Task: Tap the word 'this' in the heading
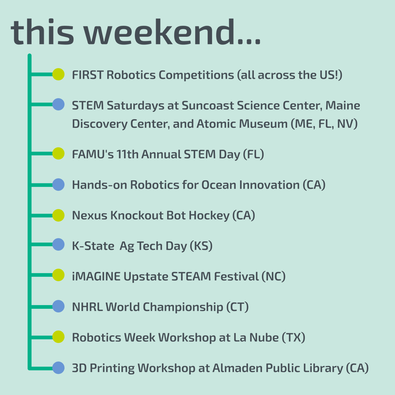point(42,32)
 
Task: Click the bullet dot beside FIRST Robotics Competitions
point(58,74)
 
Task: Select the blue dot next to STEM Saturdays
point(58,105)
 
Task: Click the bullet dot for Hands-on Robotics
point(58,185)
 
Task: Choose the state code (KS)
point(201,246)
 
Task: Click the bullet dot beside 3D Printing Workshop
point(58,368)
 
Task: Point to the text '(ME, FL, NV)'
point(324,124)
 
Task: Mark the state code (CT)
point(237,307)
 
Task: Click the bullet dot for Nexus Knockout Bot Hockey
point(58,215)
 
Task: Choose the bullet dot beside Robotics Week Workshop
point(58,337)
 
